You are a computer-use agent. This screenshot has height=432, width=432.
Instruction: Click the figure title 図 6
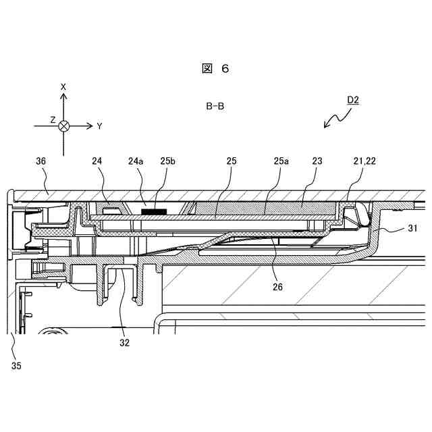215,69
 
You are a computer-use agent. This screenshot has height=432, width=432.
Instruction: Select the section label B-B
215,106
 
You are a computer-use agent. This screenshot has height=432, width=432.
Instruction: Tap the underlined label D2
352,101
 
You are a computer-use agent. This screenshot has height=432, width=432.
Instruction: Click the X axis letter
63,87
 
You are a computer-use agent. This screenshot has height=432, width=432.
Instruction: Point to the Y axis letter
99,126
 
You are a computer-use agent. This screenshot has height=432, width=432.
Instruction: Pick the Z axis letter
53,119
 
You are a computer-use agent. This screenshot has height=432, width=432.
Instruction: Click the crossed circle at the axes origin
63,126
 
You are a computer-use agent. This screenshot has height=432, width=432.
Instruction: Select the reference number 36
40,161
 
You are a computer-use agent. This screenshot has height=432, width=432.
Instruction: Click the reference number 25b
167,161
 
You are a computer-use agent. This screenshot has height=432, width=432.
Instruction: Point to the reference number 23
318,161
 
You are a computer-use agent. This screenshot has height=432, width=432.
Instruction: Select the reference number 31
413,229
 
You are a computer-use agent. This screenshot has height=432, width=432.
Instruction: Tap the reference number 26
278,287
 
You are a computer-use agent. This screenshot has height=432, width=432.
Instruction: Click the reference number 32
124,342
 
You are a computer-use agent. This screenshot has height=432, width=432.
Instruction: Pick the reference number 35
16,366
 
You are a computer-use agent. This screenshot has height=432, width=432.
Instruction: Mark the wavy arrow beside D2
337,117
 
